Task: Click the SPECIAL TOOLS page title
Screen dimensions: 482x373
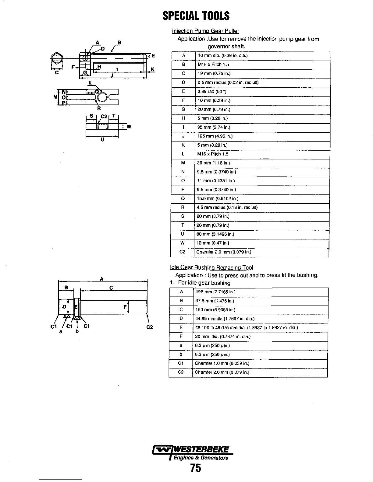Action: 196,16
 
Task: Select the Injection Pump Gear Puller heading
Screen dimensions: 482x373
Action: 205,31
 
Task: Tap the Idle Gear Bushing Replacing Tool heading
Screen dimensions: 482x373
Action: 211,267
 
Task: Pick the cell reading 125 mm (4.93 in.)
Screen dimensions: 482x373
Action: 215,136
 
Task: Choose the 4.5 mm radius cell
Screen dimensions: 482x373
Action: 227,208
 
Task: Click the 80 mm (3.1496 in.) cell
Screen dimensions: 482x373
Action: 215,234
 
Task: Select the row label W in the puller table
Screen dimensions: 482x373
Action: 183,243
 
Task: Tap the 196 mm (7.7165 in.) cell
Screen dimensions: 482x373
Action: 215,292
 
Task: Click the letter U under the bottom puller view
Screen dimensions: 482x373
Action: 102,140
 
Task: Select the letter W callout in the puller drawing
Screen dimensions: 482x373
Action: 129,127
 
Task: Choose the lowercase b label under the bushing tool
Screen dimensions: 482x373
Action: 77,331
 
